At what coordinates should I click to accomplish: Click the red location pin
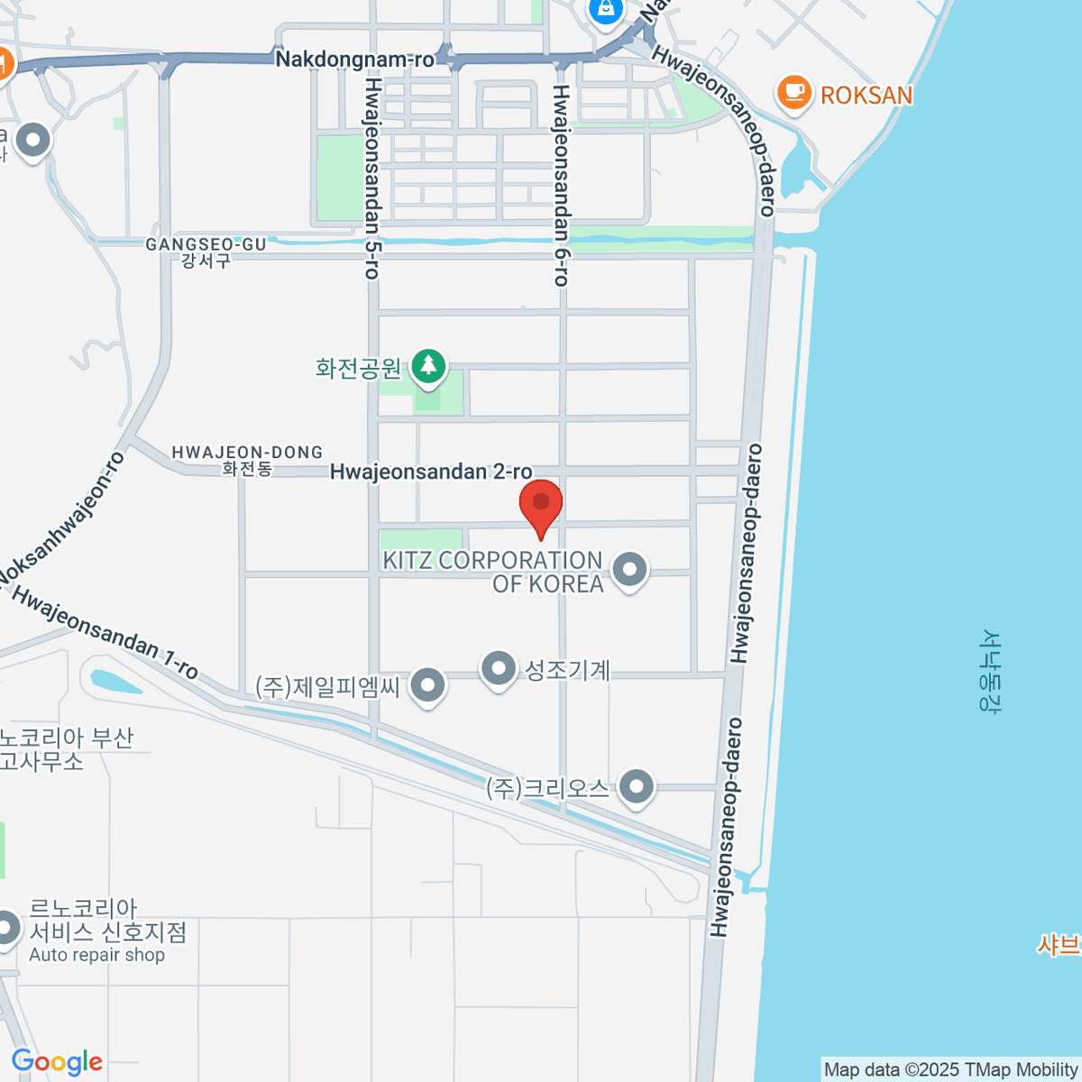point(541,504)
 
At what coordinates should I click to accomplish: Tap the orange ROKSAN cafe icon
point(793,93)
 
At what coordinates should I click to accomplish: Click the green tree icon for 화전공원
point(429,366)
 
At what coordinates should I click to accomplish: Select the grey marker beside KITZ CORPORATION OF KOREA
point(629,570)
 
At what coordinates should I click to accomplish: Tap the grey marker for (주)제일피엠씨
point(428,686)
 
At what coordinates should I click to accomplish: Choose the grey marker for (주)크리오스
point(637,787)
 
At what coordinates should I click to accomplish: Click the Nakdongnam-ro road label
point(354,60)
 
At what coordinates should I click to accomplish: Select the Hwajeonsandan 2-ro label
point(431,472)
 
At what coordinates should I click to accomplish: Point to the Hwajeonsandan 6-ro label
point(561,186)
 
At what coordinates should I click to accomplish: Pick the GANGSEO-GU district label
point(206,245)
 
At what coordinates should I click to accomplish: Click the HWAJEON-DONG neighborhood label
point(247,453)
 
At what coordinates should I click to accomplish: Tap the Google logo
point(56,1062)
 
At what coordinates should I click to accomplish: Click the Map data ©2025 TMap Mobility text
point(950,1070)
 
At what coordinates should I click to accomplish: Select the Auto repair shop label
point(97,955)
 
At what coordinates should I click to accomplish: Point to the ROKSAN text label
point(866,95)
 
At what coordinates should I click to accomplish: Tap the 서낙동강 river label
point(991,671)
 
